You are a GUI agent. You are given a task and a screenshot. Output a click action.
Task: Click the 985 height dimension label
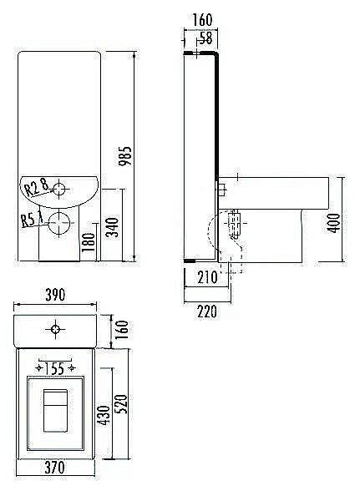click(x=124, y=156)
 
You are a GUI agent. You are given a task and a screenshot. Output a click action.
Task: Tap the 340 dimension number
click(x=112, y=227)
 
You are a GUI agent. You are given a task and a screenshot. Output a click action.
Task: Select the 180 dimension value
click(x=88, y=242)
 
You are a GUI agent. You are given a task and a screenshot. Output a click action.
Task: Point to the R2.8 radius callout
click(x=37, y=187)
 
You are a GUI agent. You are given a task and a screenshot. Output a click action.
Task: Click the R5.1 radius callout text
click(x=33, y=219)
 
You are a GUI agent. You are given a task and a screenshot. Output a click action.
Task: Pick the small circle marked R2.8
click(x=59, y=190)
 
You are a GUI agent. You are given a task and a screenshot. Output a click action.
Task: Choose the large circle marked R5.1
click(x=59, y=223)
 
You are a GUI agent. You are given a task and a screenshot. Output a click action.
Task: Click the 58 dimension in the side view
click(x=205, y=38)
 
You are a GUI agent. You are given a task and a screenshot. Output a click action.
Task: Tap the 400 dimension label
click(x=335, y=223)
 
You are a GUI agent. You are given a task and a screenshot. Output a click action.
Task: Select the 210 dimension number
click(x=207, y=277)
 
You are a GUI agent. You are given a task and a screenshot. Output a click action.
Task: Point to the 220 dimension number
click(x=207, y=311)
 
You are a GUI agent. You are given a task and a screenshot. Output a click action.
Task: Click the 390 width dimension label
click(x=55, y=295)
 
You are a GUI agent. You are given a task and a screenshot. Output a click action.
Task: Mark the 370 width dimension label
click(x=55, y=468)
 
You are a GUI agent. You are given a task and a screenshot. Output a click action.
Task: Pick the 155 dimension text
click(x=54, y=368)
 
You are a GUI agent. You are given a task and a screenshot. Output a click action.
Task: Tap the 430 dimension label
click(x=105, y=415)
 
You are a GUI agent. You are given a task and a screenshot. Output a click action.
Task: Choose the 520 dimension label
click(x=122, y=404)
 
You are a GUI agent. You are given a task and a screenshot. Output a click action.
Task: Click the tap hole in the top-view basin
click(x=55, y=329)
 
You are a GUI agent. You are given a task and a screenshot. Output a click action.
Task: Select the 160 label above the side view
click(x=202, y=20)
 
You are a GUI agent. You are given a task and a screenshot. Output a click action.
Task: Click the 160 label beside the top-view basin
click(x=122, y=329)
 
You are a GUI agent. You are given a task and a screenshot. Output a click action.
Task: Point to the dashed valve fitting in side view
click(x=235, y=223)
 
